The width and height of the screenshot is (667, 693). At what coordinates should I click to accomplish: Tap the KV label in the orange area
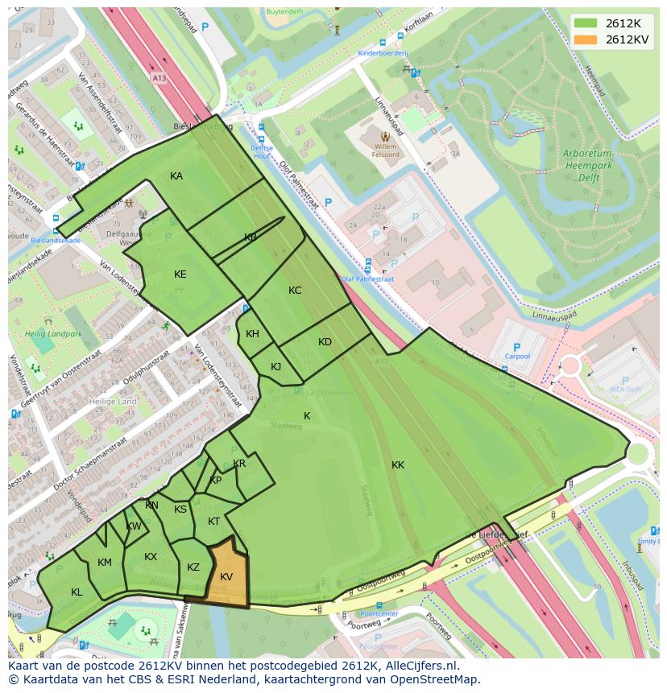tap(226, 577)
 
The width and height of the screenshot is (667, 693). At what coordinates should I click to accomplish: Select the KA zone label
tap(176, 176)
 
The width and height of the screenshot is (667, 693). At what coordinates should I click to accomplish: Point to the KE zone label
tap(180, 274)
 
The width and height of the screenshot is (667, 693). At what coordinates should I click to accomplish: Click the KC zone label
tap(295, 291)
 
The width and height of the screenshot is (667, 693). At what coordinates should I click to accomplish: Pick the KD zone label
tap(325, 342)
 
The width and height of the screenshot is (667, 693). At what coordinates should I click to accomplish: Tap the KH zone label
tap(252, 334)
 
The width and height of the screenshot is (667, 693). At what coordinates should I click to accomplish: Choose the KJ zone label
tap(275, 367)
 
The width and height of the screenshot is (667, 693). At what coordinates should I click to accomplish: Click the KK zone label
tap(398, 465)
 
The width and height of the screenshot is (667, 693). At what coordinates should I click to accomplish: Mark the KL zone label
tap(77, 592)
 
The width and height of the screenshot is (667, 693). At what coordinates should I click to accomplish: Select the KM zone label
tap(105, 563)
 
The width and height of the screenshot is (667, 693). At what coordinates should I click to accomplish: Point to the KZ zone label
tap(193, 567)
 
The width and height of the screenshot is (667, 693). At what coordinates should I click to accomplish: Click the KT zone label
tap(213, 522)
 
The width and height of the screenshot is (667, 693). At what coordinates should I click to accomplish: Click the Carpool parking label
tap(517, 356)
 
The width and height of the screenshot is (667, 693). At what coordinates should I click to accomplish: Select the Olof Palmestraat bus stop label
tap(367, 278)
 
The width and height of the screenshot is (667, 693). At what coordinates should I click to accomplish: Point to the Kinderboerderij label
tap(383, 52)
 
